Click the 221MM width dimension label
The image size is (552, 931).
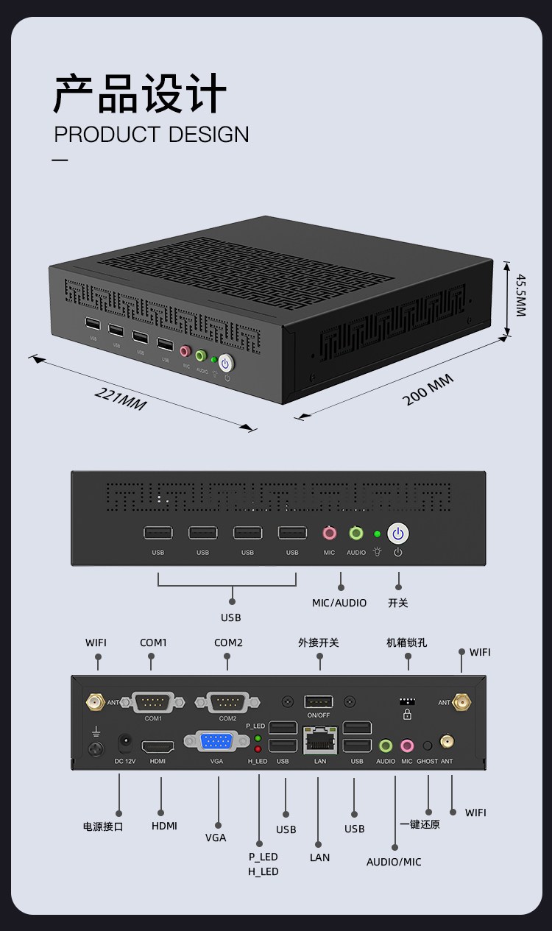[121, 398]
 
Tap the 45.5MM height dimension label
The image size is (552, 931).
[520, 295]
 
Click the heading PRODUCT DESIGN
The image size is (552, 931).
[152, 135]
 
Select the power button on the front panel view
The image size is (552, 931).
[397, 534]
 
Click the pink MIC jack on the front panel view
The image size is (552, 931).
[329, 533]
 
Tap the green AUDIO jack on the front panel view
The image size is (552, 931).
[356, 533]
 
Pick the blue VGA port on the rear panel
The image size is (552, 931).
[216, 741]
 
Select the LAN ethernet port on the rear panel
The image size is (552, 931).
[319, 740]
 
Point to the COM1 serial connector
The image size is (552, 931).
[153, 702]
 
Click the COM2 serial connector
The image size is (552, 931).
[227, 702]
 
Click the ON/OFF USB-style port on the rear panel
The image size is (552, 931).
[319, 701]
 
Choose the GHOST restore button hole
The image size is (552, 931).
[427, 746]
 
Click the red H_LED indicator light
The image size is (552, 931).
[258, 749]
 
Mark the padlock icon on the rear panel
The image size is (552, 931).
[407, 713]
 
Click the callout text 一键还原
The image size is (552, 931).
[420, 824]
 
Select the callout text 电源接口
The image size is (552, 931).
[103, 826]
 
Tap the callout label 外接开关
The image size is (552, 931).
[319, 643]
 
